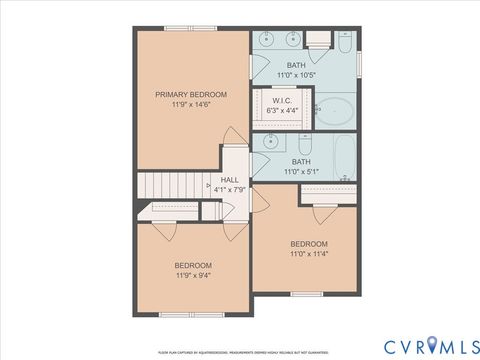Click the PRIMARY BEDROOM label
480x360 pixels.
[190, 94]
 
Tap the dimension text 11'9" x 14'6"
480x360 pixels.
[190, 104]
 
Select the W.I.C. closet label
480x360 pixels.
[281, 100]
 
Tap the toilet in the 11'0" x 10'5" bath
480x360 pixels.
[343, 44]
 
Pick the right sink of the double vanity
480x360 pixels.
[293, 41]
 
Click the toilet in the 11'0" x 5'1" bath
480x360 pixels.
[345, 180]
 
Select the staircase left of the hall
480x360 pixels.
[170, 185]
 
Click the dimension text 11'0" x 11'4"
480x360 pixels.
[309, 254]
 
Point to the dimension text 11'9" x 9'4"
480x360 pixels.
[193, 275]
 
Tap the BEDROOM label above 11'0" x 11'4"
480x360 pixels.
[309, 244]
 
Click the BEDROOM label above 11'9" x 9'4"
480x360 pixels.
[193, 265]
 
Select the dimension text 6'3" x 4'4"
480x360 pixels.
[281, 110]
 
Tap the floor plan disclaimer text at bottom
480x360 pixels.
[240, 352]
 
